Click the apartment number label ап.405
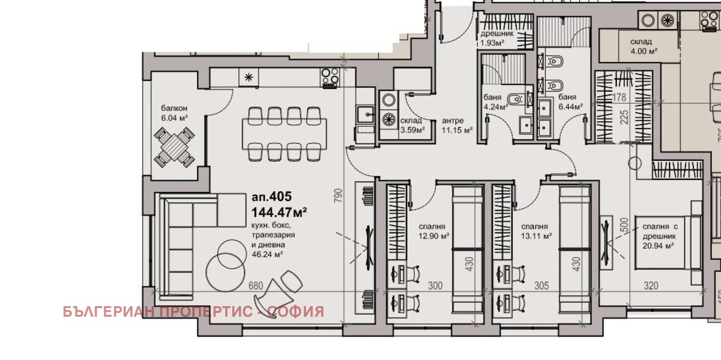click(272, 197)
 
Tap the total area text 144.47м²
click(279, 211)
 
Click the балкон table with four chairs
click(174, 146)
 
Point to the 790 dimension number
click(338, 197)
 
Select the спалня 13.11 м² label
click(536, 231)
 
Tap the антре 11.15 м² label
click(457, 125)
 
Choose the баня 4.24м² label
click(495, 102)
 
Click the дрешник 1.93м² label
click(497, 38)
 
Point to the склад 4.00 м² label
click(644, 46)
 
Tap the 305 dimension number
click(541, 286)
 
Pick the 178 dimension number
click(620, 98)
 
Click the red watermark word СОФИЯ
click(296, 312)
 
